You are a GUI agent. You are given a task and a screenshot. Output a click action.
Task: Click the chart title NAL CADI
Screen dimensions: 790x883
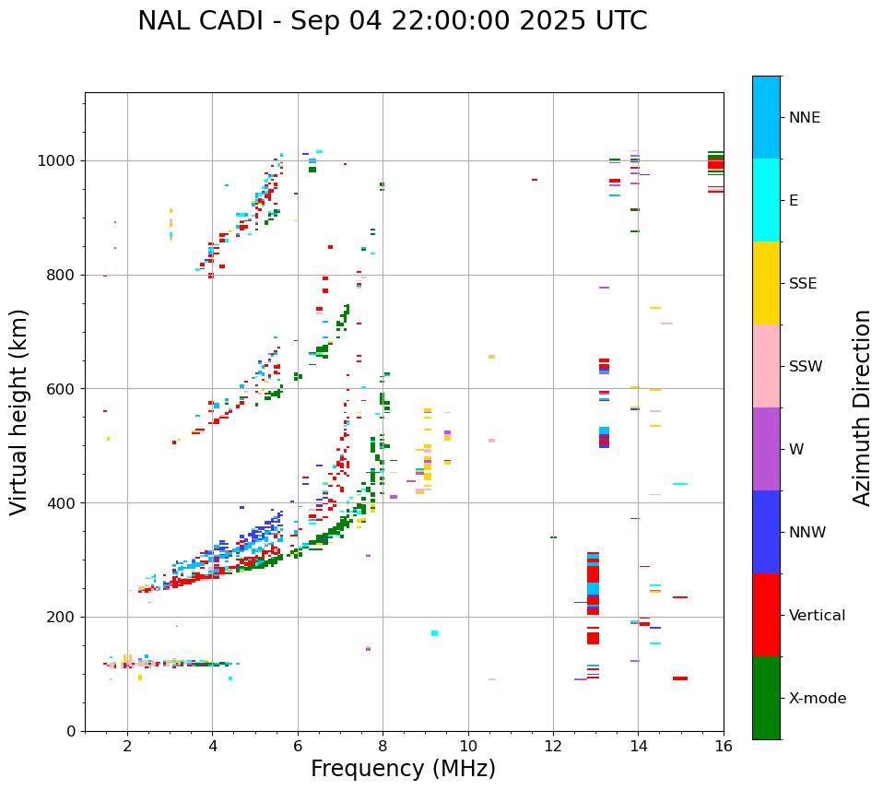392,21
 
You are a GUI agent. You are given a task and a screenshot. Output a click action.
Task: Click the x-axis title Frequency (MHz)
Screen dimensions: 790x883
403,769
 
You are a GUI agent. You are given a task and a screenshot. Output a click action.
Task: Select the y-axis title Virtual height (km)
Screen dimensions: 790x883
19,412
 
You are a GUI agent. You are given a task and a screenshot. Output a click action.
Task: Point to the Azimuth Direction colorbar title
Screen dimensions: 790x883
862,407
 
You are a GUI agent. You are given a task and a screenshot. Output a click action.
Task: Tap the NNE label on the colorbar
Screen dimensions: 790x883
804,118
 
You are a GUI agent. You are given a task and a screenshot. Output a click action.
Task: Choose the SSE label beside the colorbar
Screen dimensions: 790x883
802,284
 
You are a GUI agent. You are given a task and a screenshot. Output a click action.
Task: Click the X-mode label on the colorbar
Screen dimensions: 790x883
817,699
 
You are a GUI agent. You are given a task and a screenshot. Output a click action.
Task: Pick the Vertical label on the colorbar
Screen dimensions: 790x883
817,616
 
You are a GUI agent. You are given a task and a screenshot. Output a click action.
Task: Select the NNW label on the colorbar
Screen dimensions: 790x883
807,533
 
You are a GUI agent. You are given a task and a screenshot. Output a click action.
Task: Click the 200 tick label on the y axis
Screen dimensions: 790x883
65,618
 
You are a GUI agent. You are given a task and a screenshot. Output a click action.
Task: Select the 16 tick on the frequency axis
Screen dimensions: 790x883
724,746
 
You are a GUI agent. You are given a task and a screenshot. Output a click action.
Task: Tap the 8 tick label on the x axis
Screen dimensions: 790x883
383,746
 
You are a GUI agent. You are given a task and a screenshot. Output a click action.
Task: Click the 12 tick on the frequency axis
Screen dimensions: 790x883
553,746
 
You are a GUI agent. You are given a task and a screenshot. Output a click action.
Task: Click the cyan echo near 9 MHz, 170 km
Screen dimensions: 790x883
434,633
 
